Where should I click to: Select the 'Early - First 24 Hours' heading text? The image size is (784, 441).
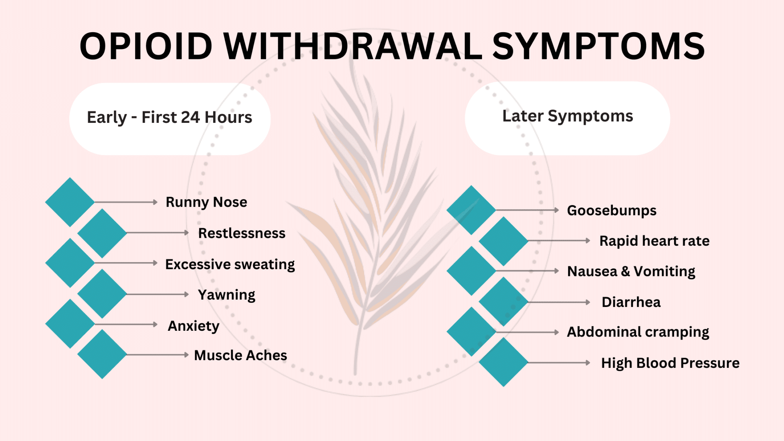point(169,117)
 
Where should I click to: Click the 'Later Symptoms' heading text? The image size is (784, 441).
point(567,116)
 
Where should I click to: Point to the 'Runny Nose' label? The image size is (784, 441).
point(206,202)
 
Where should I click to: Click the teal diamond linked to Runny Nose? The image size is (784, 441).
point(70,202)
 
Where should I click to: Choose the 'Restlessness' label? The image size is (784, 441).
point(242,233)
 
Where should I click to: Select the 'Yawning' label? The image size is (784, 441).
point(226,295)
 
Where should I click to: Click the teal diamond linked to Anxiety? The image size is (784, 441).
point(70,324)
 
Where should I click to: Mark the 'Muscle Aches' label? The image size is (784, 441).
point(240,355)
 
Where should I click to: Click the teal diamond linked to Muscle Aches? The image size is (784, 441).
point(102,354)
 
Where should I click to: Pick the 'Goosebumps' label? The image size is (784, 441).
point(611,210)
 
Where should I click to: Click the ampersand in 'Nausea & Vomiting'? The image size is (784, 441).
point(625,271)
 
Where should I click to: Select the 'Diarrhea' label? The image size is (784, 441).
point(631,302)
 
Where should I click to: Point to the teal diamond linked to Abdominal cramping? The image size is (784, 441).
point(471,332)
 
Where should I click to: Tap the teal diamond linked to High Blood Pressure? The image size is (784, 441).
point(503,362)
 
